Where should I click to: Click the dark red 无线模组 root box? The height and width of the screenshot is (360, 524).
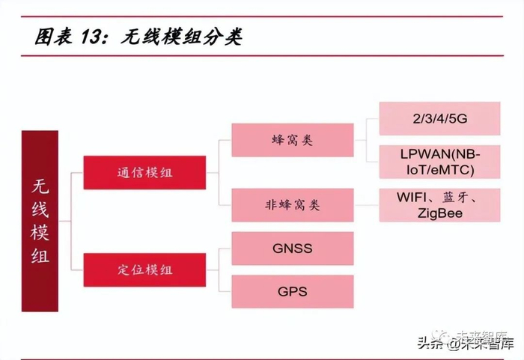(x=50, y=221)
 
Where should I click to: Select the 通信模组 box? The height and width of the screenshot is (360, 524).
(x=145, y=173)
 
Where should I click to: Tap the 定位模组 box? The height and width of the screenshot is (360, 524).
(x=145, y=269)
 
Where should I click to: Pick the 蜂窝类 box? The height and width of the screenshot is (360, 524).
(x=292, y=140)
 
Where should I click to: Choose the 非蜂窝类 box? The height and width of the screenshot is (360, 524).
(x=292, y=205)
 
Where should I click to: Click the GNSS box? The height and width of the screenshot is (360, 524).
(x=292, y=248)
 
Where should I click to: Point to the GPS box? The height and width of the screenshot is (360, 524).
(x=292, y=291)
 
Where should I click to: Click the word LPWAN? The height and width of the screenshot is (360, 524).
(x=421, y=154)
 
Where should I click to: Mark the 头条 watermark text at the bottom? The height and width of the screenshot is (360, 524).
(x=429, y=344)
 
